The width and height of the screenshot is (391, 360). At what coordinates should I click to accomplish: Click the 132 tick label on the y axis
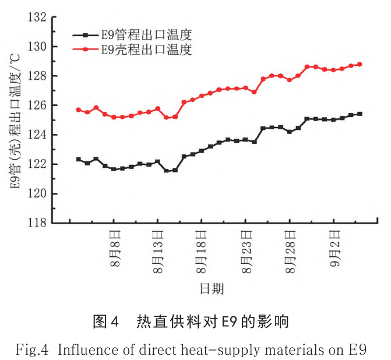pos(36,17)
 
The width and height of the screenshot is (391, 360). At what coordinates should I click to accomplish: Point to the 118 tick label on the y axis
pos(36,223)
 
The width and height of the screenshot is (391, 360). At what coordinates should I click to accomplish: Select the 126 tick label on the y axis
pos(36,105)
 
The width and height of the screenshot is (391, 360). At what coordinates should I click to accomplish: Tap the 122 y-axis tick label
pos(36,164)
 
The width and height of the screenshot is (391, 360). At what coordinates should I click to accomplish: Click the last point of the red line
pos(360,64)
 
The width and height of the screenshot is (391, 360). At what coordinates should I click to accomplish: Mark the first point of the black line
pos(79,159)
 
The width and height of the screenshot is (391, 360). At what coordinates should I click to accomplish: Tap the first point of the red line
pos(79,110)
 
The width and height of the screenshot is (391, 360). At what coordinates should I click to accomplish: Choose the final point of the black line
pos(360,114)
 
